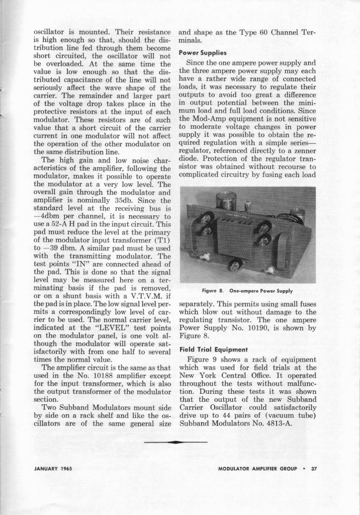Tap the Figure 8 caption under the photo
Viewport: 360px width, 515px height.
(x=247, y=291)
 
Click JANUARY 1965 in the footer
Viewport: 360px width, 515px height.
(x=53, y=469)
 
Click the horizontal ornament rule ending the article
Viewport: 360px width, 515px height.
(x=175, y=442)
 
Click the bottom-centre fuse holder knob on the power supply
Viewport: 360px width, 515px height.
(x=235, y=264)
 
